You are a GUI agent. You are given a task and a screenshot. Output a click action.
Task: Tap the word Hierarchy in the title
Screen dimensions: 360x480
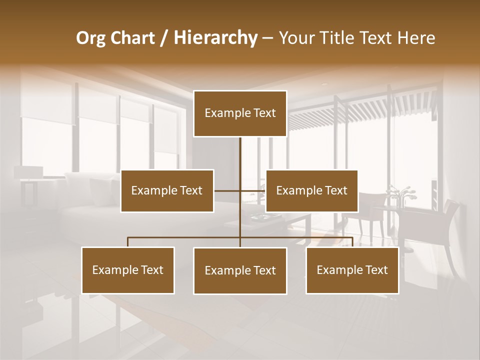pyautogui.click(x=215, y=38)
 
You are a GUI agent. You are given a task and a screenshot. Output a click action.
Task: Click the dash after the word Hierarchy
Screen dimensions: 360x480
pyautogui.click(x=267, y=38)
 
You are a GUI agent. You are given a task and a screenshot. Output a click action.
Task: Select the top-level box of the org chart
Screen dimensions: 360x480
pyautogui.click(x=240, y=113)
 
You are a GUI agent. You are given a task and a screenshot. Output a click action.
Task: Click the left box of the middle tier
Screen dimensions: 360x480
pyautogui.click(x=167, y=191)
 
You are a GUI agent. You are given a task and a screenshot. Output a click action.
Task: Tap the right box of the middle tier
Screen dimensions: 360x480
pyautogui.click(x=311, y=191)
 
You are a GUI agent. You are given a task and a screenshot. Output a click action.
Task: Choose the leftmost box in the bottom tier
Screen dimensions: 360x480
pyautogui.click(x=128, y=270)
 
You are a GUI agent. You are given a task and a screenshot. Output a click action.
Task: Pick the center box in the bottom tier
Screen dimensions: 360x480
pyautogui.click(x=240, y=271)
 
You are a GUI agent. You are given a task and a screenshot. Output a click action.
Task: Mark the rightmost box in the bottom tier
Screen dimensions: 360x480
pyautogui.click(x=352, y=270)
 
